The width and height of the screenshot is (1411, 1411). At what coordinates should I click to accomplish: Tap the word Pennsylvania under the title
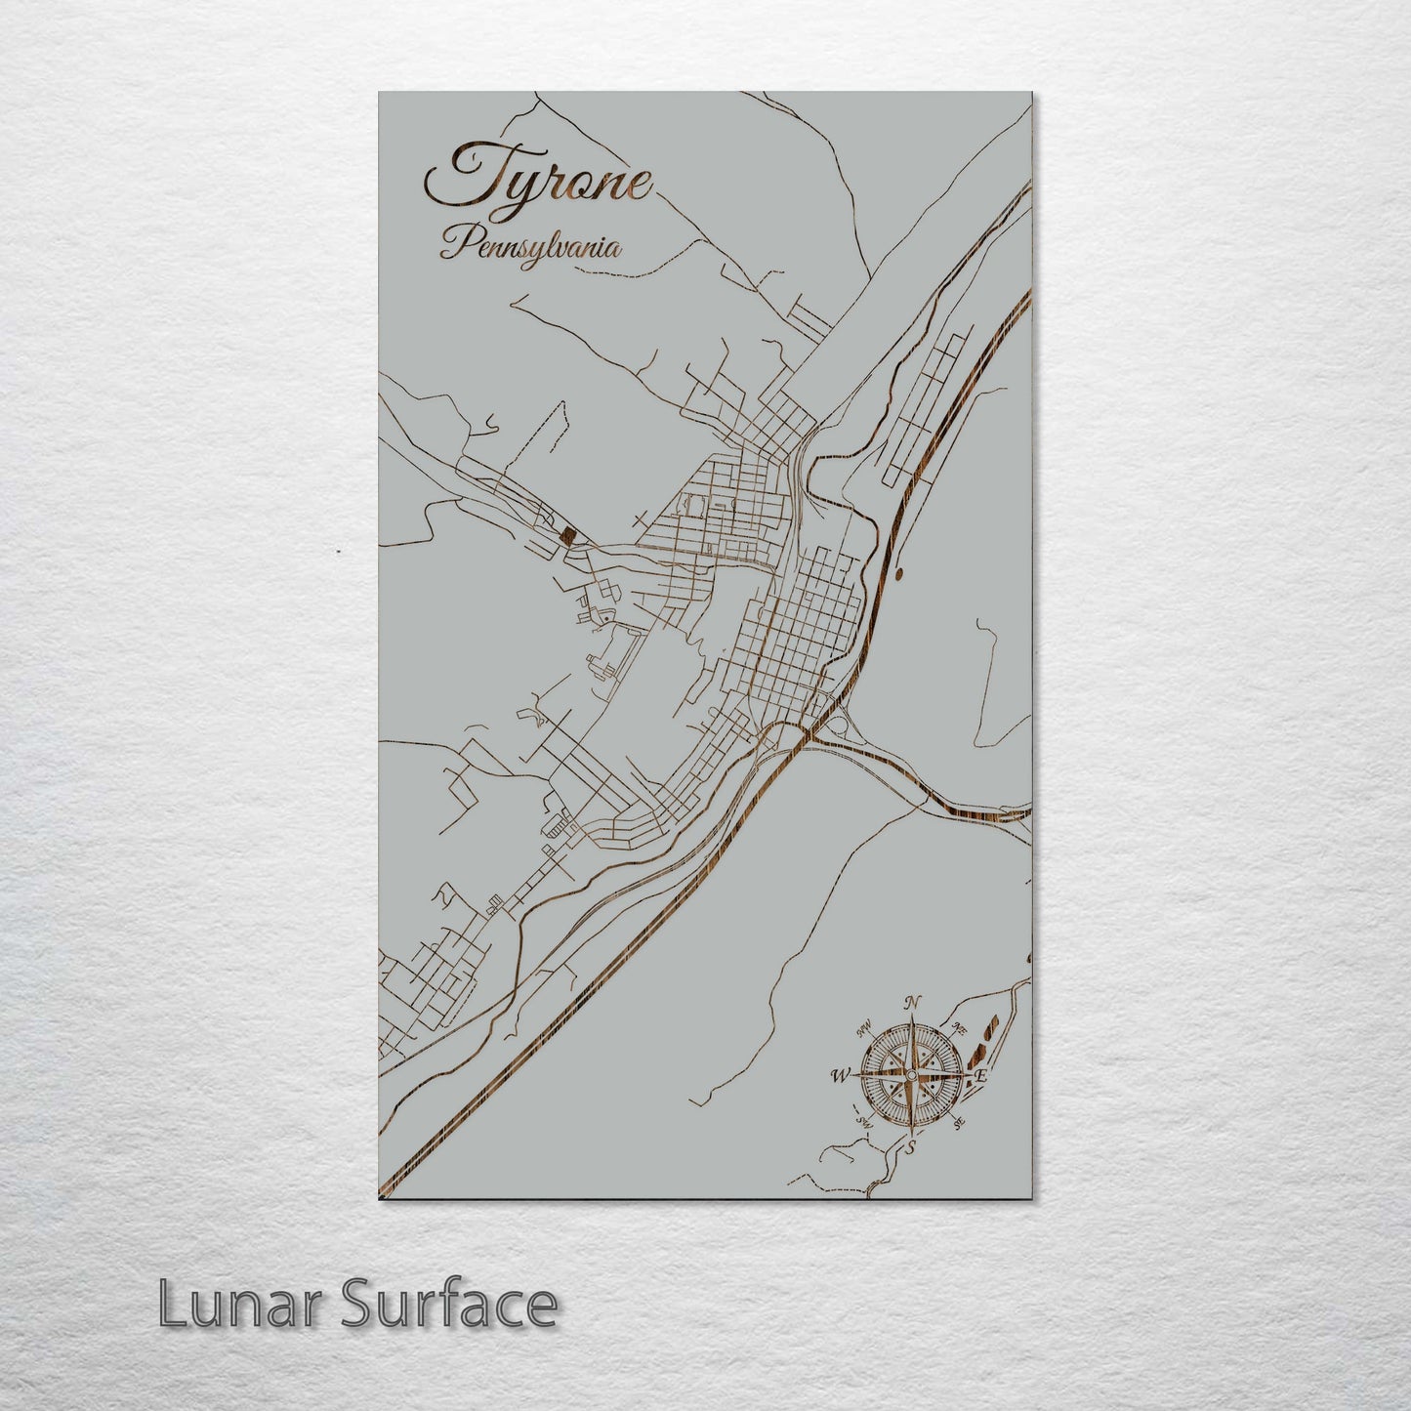[530, 245]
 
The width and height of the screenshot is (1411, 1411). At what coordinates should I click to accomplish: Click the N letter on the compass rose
[912, 1002]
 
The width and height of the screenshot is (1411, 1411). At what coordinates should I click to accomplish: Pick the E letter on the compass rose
[980, 1076]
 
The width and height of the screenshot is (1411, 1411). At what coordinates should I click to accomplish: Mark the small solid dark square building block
[566, 534]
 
